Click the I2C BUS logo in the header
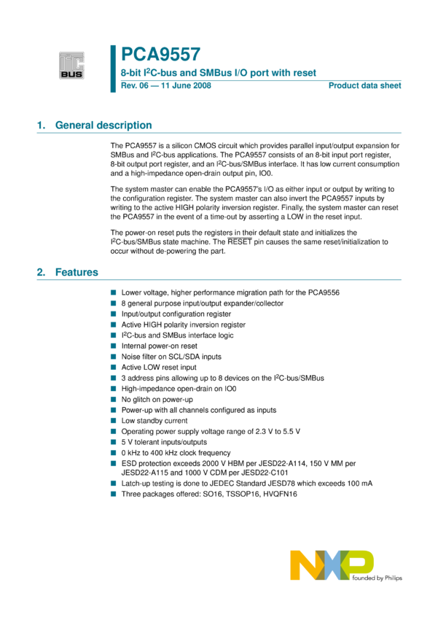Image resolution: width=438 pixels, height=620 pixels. click(71, 64)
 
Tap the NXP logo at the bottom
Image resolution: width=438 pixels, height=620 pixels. click(332, 566)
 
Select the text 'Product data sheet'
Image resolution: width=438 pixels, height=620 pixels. click(364, 85)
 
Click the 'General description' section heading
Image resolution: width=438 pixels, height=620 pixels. click(103, 125)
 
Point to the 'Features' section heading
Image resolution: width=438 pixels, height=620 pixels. click(77, 272)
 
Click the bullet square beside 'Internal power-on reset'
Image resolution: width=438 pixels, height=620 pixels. click(114, 346)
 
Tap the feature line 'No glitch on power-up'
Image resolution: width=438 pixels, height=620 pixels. click(157, 400)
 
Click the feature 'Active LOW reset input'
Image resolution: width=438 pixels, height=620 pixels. click(159, 368)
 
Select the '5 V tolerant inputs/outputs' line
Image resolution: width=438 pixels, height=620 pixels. click(164, 442)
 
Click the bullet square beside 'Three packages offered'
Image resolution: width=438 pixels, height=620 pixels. click(114, 494)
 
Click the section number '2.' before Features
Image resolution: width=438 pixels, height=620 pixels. click(41, 272)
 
